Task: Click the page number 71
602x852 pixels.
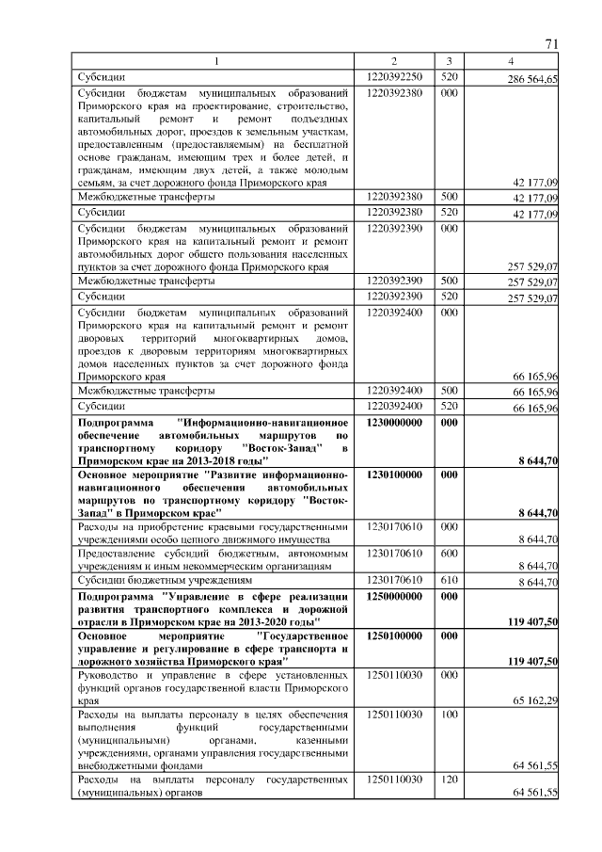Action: point(552,44)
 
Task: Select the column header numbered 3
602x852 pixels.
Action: point(450,62)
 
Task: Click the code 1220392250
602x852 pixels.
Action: point(395,76)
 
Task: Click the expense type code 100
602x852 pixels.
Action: point(450,715)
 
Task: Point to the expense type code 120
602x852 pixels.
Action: point(450,780)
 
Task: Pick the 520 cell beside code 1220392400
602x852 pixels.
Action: point(450,406)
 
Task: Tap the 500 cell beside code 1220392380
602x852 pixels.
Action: point(450,198)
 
